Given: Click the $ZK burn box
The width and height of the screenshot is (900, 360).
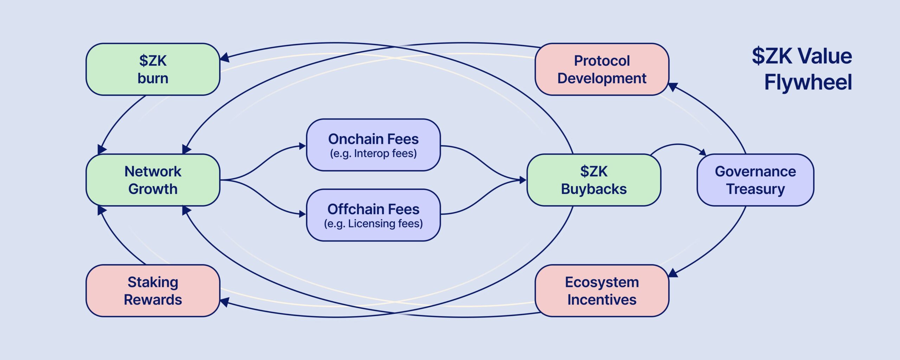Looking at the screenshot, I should tap(153, 69).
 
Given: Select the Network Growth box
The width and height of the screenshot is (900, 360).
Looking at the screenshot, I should tap(153, 180).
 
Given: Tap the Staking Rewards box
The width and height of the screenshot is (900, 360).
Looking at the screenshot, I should tap(153, 291).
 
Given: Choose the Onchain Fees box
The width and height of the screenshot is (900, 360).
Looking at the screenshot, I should tap(373, 145).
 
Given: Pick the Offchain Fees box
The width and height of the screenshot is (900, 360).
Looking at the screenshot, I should tap(373, 215).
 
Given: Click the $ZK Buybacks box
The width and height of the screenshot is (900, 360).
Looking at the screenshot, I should tap(594, 180).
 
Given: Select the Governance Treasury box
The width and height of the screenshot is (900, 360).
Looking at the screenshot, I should tap(755, 180).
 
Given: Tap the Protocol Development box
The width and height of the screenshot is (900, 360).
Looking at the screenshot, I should tap(602, 69).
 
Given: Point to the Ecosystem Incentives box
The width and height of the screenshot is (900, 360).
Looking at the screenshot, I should tap(602, 291).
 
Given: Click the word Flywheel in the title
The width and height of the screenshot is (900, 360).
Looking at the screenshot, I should tap(808, 82).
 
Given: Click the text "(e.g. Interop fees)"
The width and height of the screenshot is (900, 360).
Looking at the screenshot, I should tap(373, 154).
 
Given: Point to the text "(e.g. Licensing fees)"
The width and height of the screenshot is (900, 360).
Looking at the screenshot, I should tap(373, 224).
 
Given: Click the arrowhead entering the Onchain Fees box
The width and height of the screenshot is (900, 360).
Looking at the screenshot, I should tap(302, 146).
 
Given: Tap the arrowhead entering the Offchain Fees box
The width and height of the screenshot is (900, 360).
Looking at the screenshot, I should tap(302, 214).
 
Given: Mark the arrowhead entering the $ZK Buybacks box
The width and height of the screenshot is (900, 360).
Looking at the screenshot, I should tap(523, 180).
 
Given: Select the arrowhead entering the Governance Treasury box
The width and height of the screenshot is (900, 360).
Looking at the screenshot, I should tap(703, 152).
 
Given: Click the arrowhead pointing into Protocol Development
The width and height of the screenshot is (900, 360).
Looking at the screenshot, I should tap(672, 86).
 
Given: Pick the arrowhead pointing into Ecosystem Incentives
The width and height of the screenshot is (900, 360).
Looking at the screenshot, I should tap(672, 273).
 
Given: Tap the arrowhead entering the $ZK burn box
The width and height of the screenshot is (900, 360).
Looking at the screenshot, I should tap(224, 58).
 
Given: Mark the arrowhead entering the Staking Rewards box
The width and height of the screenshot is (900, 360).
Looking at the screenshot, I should tap(224, 302).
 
